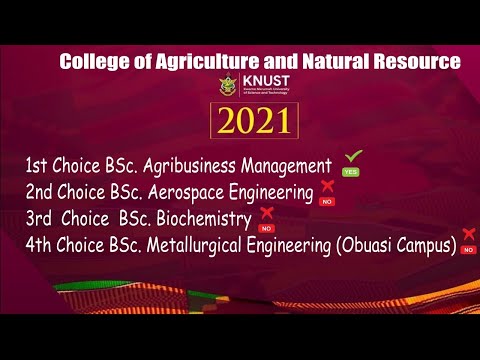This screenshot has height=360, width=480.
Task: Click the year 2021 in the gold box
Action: click(254, 121)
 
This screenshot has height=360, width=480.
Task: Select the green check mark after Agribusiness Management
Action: click(352, 157)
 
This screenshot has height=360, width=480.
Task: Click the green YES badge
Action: click(351, 172)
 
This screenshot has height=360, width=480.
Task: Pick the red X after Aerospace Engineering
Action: click(327, 186)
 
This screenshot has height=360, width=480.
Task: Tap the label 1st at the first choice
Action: click(40, 165)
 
